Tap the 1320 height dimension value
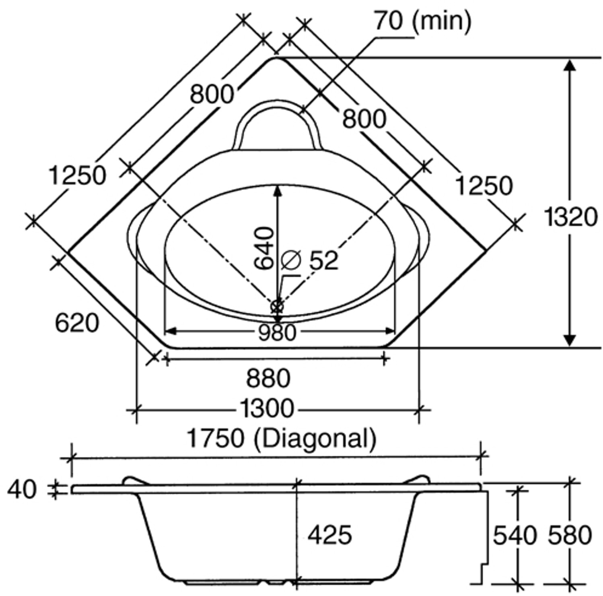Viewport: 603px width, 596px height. pyautogui.click(x=570, y=217)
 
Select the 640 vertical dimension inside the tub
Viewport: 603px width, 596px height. pyautogui.click(x=264, y=248)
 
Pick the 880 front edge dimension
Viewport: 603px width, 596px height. pyautogui.click(x=268, y=378)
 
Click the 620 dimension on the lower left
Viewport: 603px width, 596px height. pyautogui.click(x=76, y=323)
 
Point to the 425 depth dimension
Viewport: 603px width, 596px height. pyautogui.click(x=329, y=535)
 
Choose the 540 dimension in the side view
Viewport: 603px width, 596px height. pyautogui.click(x=515, y=535)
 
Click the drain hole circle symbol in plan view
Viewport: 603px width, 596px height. pyautogui.click(x=277, y=306)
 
